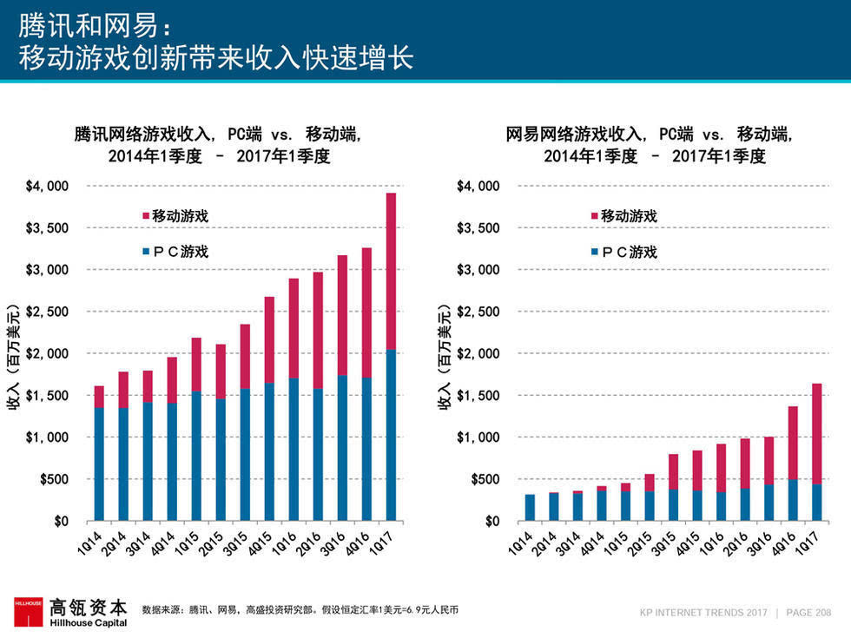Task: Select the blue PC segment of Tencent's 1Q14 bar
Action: [99, 464]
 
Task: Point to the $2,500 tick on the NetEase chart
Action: [478, 312]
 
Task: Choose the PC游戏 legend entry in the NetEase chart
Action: [623, 253]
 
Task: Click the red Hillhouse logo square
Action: [27, 611]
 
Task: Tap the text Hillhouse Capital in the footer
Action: [88, 622]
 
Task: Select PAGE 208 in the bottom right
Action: [808, 612]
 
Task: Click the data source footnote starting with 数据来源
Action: [300, 610]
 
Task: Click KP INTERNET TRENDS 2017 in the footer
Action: [703, 612]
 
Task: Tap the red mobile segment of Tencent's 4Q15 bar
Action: [269, 339]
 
